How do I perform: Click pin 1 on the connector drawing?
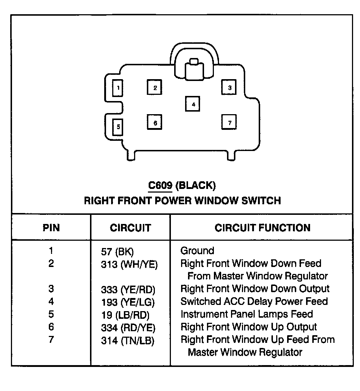(118, 88)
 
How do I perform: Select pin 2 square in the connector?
(155, 87)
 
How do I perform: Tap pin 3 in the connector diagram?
(229, 87)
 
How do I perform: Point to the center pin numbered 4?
(193, 104)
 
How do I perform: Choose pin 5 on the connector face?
(118, 127)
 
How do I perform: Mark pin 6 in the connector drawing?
(155, 122)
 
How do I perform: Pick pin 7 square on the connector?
(229, 122)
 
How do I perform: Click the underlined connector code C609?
(160, 186)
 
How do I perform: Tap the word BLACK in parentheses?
(196, 186)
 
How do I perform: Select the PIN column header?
(51, 228)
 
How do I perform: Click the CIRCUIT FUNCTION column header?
(263, 228)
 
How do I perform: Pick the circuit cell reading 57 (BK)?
(117, 252)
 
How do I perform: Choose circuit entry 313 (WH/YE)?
(129, 264)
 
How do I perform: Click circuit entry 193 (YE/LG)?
(128, 302)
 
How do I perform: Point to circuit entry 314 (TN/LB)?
(128, 341)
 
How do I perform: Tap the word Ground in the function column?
(197, 251)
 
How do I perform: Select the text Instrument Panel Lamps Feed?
(247, 314)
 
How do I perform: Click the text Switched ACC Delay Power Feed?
(254, 302)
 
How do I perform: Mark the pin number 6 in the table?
(51, 327)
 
